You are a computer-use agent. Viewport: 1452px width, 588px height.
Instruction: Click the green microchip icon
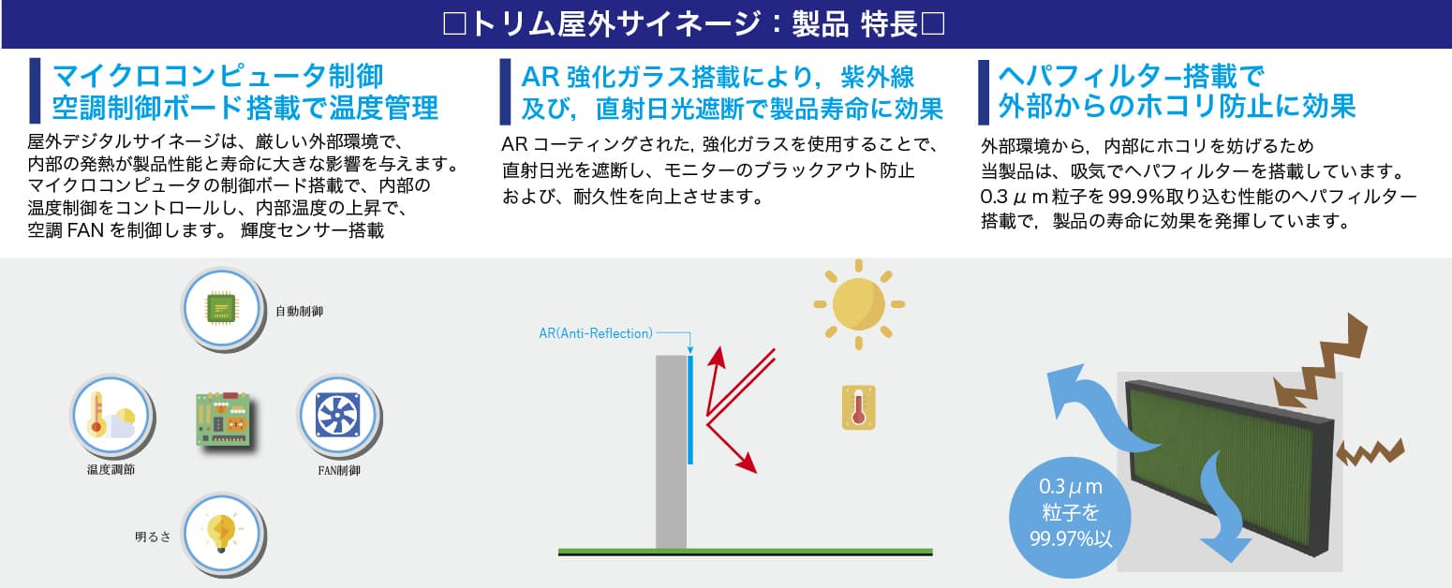click(x=221, y=308)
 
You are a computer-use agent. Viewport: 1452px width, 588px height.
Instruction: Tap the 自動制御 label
click(x=300, y=311)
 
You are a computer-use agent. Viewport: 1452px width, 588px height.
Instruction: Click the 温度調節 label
click(x=111, y=469)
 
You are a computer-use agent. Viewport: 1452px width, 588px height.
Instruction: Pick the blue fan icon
click(x=338, y=415)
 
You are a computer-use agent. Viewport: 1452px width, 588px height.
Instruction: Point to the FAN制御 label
click(x=339, y=470)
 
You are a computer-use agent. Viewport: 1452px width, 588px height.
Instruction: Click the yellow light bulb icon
click(x=222, y=533)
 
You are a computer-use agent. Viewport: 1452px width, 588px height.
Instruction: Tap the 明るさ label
click(x=153, y=537)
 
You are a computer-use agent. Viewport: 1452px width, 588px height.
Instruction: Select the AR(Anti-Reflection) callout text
click(x=596, y=332)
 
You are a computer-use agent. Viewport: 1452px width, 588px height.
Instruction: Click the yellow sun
click(x=859, y=303)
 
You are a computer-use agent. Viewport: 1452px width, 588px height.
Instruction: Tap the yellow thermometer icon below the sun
click(x=859, y=407)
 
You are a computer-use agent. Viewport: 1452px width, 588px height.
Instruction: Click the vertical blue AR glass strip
click(x=690, y=409)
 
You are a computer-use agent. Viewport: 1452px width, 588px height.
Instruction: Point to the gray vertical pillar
click(x=671, y=451)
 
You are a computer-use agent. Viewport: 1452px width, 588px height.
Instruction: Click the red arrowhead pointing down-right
click(x=748, y=463)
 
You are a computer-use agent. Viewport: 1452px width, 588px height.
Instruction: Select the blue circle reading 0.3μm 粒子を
click(x=1070, y=517)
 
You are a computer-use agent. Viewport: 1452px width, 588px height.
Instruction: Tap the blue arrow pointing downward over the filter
click(x=1222, y=508)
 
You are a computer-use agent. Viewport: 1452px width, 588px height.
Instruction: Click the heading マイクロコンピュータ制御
click(x=217, y=77)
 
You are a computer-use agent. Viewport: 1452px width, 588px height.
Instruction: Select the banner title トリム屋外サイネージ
click(x=615, y=24)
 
